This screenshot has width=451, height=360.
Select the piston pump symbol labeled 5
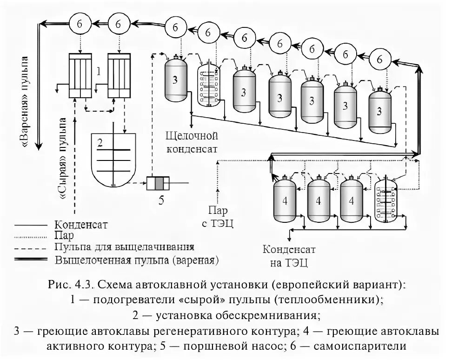point(159,184)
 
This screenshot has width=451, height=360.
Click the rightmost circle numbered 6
point(380,59)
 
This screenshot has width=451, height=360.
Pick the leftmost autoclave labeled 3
point(175,80)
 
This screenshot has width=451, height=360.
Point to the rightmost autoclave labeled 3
point(380,111)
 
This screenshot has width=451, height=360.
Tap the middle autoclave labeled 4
point(318,201)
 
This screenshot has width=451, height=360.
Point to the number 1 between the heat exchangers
point(98,71)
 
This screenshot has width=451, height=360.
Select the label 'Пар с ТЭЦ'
point(217,217)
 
